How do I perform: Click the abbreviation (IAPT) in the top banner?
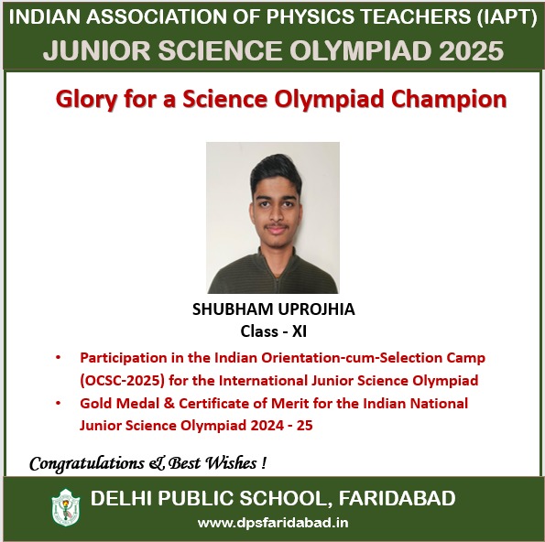507,17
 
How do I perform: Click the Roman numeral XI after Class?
300,331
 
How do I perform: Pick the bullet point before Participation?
58,357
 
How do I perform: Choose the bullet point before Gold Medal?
58,403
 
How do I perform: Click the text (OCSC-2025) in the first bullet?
122,381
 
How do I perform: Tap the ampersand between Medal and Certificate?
169,404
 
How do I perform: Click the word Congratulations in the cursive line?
87,464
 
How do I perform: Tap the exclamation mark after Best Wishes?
264,463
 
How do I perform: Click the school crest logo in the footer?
66,507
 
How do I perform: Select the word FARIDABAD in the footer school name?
397,498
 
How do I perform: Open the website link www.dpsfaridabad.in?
273,523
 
